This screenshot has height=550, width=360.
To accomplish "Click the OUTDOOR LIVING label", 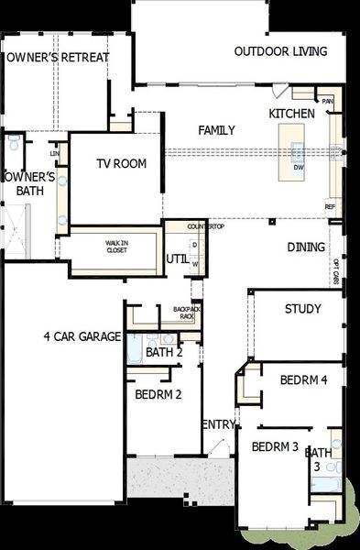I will [x=280, y=51].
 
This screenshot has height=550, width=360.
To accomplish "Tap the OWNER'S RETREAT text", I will [x=57, y=58].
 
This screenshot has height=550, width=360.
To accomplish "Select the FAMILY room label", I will [x=217, y=130].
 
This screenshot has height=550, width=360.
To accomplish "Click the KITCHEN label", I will [x=291, y=113].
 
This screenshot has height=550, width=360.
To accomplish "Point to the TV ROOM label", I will [x=122, y=164].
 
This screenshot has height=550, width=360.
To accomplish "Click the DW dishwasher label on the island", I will [x=299, y=168].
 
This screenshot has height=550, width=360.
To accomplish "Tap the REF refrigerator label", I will [x=330, y=207].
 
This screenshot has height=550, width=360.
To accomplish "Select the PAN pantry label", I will [x=326, y=102].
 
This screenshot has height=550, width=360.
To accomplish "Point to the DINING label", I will [x=306, y=247].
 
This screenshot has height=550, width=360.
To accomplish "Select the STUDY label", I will [x=302, y=309].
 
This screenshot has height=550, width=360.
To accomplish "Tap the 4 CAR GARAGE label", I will [x=82, y=336].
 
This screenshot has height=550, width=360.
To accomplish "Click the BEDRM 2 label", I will [x=158, y=395].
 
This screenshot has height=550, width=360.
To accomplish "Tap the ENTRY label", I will [x=218, y=423].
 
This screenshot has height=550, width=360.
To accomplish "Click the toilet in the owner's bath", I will [x=13, y=145].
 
